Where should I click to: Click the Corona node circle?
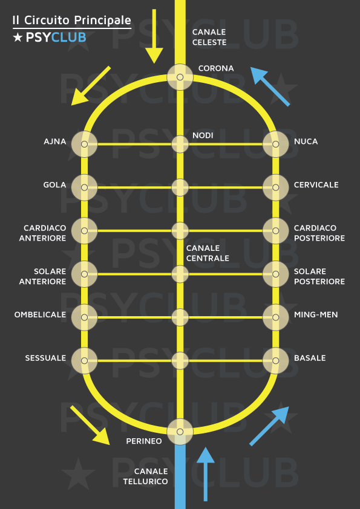coord(180,77)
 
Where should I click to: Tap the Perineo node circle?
coord(180,432)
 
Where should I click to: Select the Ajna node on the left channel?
coord(85,144)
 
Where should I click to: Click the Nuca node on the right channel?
coord(275,144)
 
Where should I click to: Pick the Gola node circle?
coord(85,187)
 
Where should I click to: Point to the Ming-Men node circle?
coord(275,317)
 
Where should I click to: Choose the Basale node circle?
coord(275,361)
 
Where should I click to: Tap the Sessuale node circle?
coord(85,361)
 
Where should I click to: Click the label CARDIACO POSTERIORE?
coord(319,233)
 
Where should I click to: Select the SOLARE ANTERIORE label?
coord(42,276)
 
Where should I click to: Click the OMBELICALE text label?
coord(40,314)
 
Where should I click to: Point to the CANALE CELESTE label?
coord(209,37)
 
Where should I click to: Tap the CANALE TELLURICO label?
coord(146,476)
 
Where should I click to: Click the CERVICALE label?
coord(316,185)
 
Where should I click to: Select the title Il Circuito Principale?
coord(72,20)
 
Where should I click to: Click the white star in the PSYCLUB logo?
coord(18,37)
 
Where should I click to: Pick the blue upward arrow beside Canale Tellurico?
coord(205,474)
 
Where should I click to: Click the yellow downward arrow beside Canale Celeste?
coord(154,36)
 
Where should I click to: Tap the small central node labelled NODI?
coord(180,144)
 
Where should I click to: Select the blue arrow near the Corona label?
coord(270,86)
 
